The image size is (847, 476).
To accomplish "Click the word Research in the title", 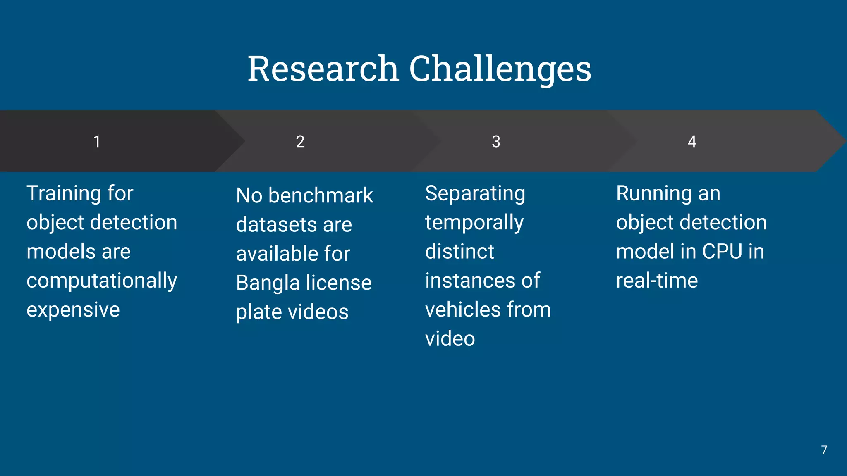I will tap(323, 69).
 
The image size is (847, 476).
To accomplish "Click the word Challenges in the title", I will tap(500, 69).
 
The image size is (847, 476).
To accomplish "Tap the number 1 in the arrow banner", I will tap(97, 142).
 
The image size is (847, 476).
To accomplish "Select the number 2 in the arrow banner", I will tap(300, 142).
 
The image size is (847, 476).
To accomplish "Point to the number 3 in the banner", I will tap(496, 142).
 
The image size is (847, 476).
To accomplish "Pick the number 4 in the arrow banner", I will tap(691, 142).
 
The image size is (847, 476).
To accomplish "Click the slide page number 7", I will tap(824, 450).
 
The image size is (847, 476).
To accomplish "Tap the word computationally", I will tap(102, 281).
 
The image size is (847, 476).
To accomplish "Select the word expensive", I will tap(73, 309).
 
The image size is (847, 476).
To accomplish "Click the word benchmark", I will tap(321, 195).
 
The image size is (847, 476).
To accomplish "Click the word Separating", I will tap(475, 193).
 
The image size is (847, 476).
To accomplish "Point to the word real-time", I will tap(657, 281).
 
